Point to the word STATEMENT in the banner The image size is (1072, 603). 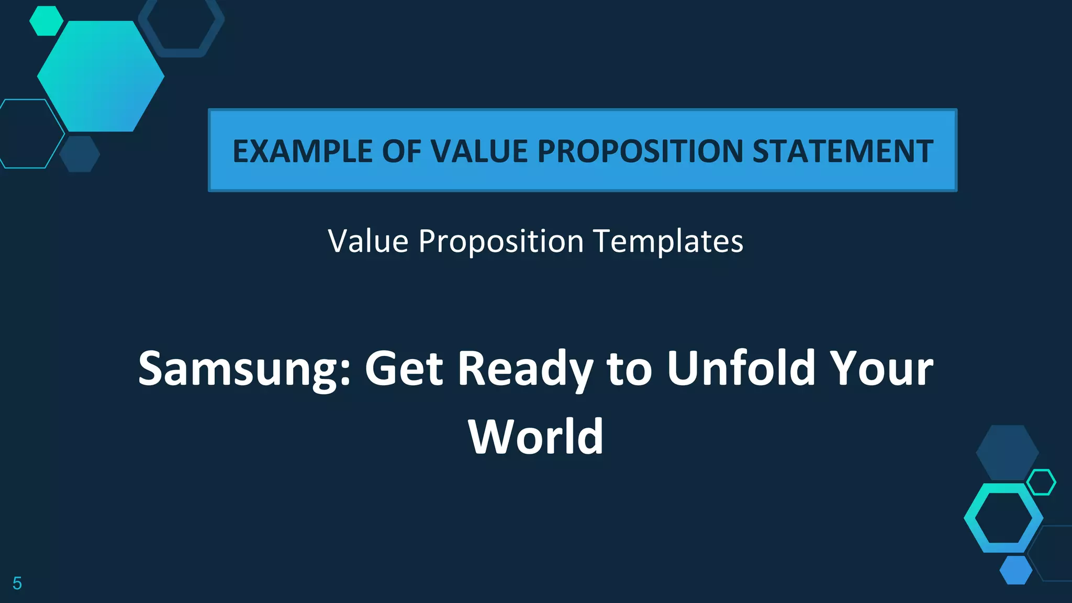[x=843, y=151]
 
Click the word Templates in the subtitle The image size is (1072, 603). [x=668, y=241]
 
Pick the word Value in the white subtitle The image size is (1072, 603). [x=368, y=241]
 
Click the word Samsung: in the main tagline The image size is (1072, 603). [x=244, y=368]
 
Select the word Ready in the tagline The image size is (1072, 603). [x=526, y=368]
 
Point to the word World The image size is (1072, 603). [x=536, y=437]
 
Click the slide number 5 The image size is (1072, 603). [x=17, y=583]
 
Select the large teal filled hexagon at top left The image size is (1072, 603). [x=100, y=76]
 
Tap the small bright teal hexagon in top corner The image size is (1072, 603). [x=46, y=21]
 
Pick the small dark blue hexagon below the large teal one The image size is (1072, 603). [x=80, y=154]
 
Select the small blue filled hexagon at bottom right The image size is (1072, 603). [x=1016, y=570]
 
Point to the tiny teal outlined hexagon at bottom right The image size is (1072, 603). [x=1041, y=482]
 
